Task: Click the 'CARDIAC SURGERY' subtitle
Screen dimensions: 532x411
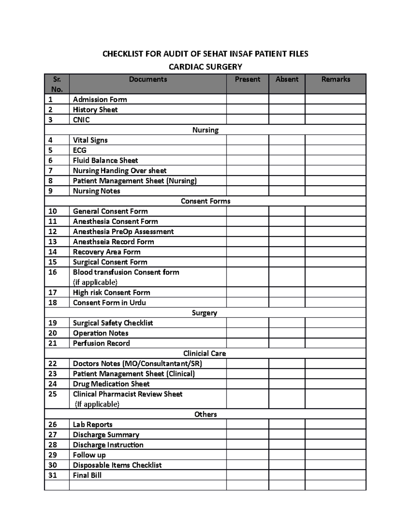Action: pyautogui.click(x=205, y=67)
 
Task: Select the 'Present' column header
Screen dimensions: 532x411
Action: pyautogui.click(x=247, y=79)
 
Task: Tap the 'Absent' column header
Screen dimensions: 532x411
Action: pyautogui.click(x=287, y=79)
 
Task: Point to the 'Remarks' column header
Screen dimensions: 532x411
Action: pyautogui.click(x=335, y=79)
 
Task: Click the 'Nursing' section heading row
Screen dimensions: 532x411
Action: pyautogui.click(x=205, y=130)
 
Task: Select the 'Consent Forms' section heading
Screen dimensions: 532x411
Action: pyautogui.click(x=205, y=201)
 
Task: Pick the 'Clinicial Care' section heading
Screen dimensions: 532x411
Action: pyautogui.click(x=204, y=354)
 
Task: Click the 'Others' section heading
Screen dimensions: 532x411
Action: pyautogui.click(x=205, y=415)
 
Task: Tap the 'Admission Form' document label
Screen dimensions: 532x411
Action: pyautogui.click(x=100, y=100)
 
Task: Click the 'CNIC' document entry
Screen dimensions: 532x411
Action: pyautogui.click(x=81, y=120)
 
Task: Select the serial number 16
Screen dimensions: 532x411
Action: pyautogui.click(x=52, y=272)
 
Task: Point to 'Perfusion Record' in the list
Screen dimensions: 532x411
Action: pyautogui.click(x=101, y=343)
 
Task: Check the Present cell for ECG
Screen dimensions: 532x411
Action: pyautogui.click(x=247, y=150)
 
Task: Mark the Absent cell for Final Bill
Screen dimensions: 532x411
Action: pyautogui.click(x=287, y=475)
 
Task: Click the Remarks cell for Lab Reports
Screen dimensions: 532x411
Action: pyautogui.click(x=335, y=424)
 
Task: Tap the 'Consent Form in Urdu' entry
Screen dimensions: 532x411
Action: pyautogui.click(x=109, y=303)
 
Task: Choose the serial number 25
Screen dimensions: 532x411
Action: pyautogui.click(x=52, y=394)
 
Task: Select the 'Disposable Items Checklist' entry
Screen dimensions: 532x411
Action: pyautogui.click(x=117, y=465)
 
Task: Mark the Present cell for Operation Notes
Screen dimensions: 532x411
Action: pyautogui.click(x=247, y=333)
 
